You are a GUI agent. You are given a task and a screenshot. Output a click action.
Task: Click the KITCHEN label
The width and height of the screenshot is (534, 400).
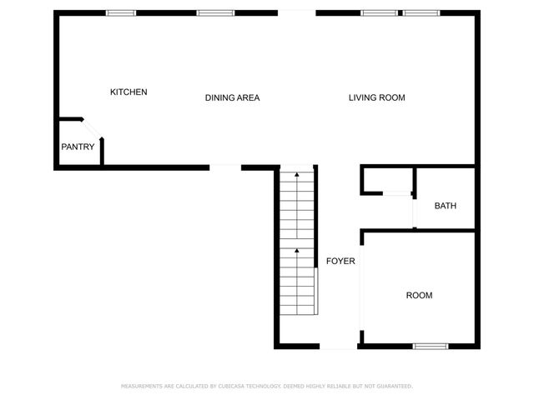tap(128, 92)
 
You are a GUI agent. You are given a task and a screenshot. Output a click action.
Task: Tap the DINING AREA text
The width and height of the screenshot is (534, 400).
tap(232, 97)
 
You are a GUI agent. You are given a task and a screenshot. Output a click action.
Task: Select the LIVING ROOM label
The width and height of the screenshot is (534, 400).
tap(376, 97)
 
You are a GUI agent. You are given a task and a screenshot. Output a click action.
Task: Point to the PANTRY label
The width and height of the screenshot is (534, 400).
tap(77, 147)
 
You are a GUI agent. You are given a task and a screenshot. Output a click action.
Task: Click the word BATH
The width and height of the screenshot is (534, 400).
tap(445, 206)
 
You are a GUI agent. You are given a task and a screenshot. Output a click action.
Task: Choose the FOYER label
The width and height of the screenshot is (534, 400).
tap(340, 261)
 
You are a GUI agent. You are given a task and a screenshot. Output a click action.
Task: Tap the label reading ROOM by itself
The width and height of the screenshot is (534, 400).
tap(419, 295)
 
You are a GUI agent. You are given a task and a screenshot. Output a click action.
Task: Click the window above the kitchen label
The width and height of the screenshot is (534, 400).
tap(121, 12)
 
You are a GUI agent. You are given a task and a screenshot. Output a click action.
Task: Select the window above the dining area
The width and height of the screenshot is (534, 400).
tap(212, 12)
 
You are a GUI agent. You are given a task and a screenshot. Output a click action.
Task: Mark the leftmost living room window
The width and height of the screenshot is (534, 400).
tap(379, 12)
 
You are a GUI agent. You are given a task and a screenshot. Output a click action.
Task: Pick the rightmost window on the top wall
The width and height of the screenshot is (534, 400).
tap(421, 12)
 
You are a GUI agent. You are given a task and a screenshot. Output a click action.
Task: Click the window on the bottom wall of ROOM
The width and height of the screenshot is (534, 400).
tap(431, 346)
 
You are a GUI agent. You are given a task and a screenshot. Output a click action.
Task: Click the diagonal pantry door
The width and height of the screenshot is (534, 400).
tap(93, 130)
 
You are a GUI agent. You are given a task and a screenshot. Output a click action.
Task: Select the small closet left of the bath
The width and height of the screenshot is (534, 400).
tap(387, 181)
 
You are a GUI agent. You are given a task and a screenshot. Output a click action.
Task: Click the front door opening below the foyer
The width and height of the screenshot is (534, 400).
tap(340, 347)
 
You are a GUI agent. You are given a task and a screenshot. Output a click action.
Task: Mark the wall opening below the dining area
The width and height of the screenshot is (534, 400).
tap(225, 167)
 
